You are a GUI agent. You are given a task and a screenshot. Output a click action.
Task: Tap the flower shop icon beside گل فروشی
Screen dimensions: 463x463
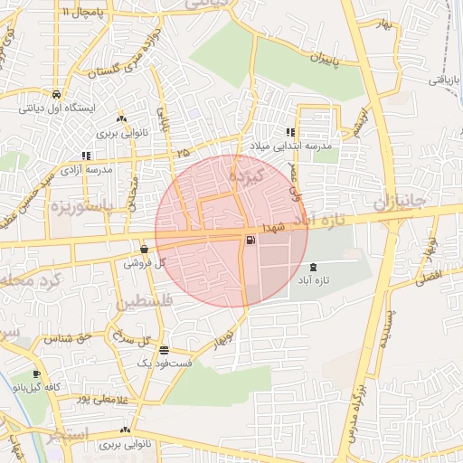coord(145,250)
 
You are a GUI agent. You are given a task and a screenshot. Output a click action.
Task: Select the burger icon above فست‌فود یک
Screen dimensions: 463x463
coord(163,350)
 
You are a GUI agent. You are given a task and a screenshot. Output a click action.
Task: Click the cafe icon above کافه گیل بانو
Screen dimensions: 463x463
coord(36,373)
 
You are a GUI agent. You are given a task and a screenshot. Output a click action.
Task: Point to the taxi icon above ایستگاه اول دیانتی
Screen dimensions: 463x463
coord(56,94)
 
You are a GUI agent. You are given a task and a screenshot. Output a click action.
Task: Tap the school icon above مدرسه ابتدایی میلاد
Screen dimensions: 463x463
coord(290,132)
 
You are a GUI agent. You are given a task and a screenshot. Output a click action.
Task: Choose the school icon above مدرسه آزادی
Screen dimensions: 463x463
coord(86,156)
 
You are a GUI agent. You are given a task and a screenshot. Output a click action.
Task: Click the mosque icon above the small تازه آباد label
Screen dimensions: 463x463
coord(314,267)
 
